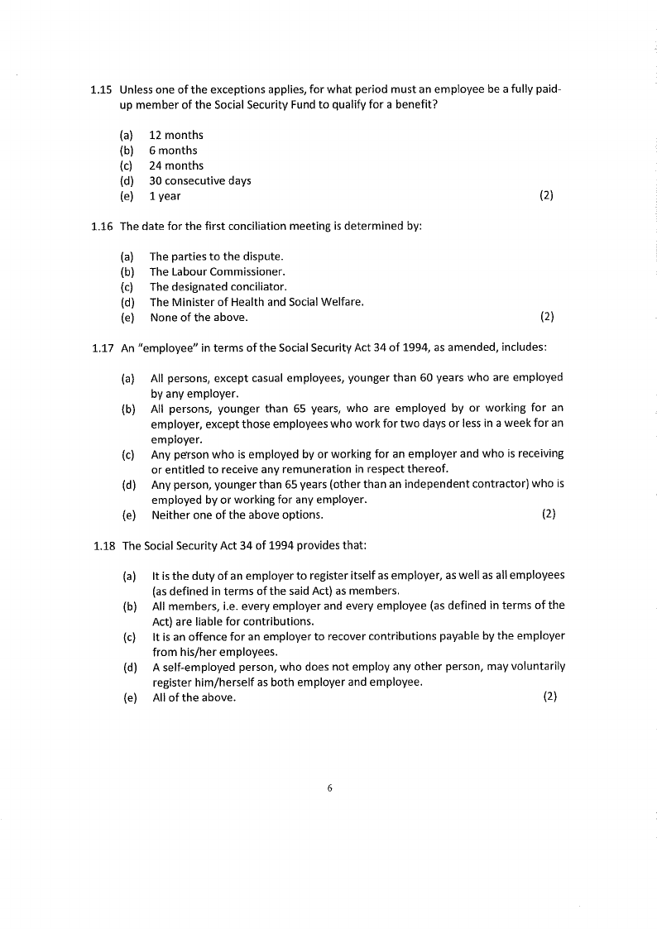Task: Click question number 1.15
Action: pyautogui.click(x=102, y=89)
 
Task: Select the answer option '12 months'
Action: pyautogui.click(x=175, y=135)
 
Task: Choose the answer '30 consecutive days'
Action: pyautogui.click(x=199, y=180)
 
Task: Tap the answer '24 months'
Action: pyautogui.click(x=175, y=165)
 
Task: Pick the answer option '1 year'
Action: pyautogui.click(x=165, y=196)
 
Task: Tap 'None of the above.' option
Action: pyautogui.click(x=199, y=317)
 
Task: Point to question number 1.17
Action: pyautogui.click(x=103, y=347)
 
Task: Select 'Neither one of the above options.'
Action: pyautogui.click(x=237, y=515)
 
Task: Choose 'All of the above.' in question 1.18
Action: pyautogui.click(x=194, y=697)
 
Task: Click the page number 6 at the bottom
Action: pyautogui.click(x=329, y=788)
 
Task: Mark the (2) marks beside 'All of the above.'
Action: pyautogui.click(x=549, y=697)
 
